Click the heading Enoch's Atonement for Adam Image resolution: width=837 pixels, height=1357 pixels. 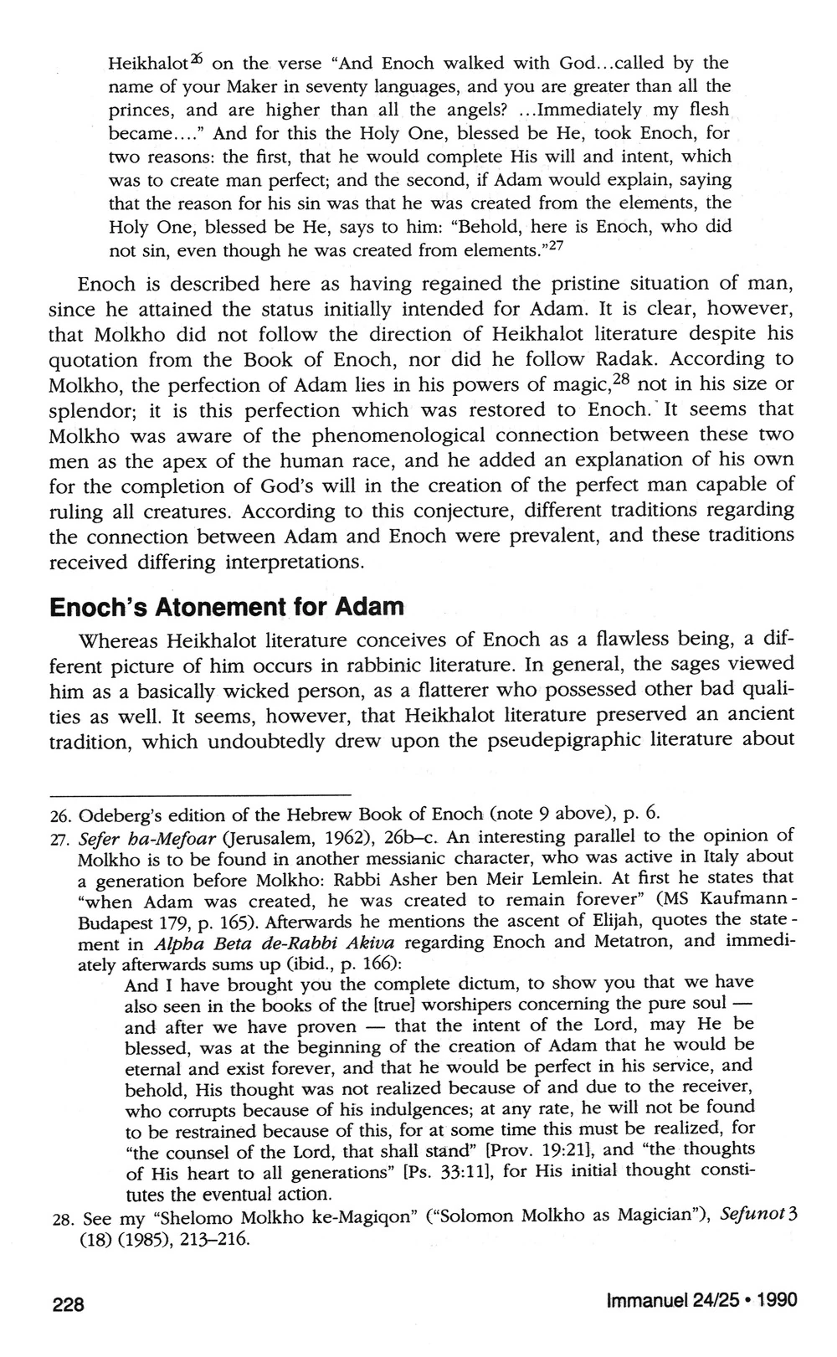point(227,606)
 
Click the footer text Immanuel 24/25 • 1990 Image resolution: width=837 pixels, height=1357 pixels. point(701,1300)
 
